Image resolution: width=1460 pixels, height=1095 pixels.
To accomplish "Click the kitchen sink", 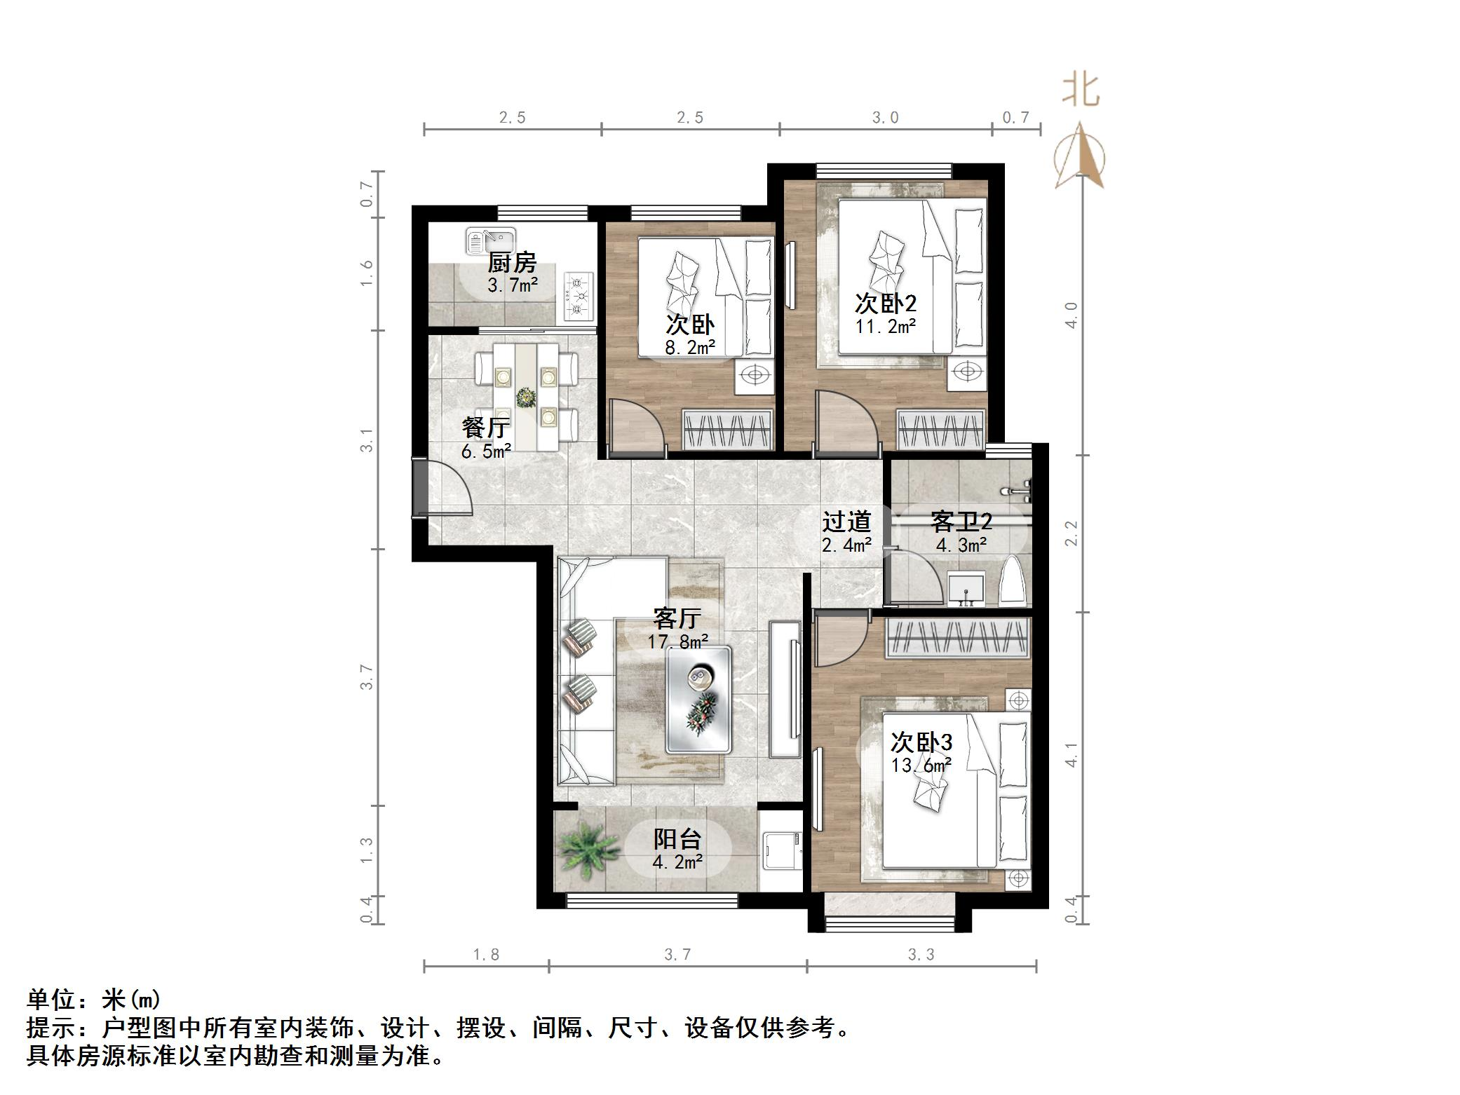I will pos(489,240).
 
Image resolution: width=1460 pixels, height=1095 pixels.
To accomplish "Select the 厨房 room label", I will pos(512,263).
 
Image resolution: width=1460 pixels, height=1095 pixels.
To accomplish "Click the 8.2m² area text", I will pos(690,347).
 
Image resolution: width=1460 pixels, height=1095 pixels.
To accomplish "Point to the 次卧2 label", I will pos(885,304).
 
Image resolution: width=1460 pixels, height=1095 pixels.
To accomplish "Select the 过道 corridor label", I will pos(846,522).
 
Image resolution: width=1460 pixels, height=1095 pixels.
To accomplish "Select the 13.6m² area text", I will pos(921,766).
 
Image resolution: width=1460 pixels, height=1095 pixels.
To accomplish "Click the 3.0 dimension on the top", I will pos(885,118).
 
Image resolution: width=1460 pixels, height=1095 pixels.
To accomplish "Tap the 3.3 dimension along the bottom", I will pos(921,955).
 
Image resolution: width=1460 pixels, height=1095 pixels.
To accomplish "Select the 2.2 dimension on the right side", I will pos(1071,533).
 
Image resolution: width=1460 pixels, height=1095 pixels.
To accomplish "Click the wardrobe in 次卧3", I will pos(958,639).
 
